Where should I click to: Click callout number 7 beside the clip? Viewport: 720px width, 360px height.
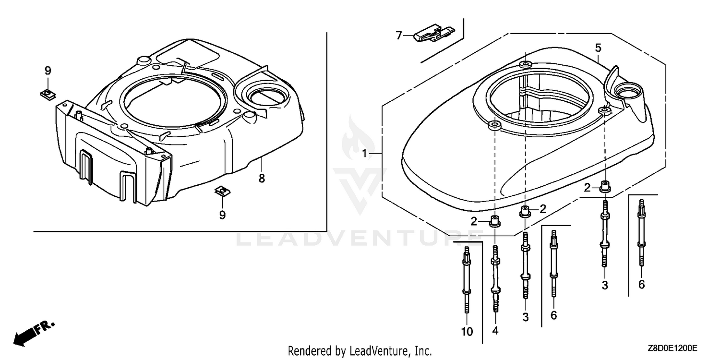[398, 36]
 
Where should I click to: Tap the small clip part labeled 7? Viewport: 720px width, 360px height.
[433, 33]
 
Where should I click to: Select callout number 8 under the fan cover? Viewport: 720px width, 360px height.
[262, 179]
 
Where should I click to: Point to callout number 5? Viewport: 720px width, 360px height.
[598, 48]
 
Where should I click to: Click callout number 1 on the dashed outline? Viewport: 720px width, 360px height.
[364, 154]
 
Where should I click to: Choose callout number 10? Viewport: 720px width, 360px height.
[467, 332]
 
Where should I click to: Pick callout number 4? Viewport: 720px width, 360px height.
[495, 330]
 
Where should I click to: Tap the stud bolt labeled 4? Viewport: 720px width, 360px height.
[495, 278]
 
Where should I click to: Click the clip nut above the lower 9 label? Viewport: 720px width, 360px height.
[222, 192]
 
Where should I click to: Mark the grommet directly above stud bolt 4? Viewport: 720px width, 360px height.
[495, 222]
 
